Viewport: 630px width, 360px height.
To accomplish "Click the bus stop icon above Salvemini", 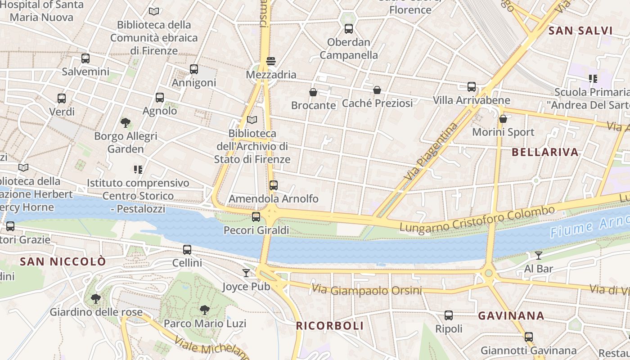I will [85, 58].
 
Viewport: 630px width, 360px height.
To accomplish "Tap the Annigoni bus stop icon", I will [194, 69].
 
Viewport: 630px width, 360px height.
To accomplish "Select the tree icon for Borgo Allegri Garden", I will [126, 122].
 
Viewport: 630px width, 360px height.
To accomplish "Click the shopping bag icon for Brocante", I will [313, 92].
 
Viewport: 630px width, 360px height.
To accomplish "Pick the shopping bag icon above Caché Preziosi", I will [377, 90].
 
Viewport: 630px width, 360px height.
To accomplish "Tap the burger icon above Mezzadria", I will [271, 61].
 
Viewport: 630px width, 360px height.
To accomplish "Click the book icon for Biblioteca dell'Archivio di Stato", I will [252, 120].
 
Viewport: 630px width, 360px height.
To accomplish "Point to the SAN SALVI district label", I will [581, 31].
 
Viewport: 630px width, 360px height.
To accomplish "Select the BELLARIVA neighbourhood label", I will [544, 152].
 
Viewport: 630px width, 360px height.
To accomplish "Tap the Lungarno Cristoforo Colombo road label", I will [477, 220].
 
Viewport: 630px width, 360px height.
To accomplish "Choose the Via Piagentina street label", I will [431, 151].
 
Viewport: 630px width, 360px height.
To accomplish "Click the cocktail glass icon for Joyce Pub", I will [246, 273].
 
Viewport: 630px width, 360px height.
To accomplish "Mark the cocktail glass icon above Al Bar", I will [538, 256].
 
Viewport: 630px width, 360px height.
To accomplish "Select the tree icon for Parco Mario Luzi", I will [205, 310].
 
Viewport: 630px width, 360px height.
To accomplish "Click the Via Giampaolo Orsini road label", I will [367, 290].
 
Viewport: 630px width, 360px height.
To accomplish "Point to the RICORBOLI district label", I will [329, 326].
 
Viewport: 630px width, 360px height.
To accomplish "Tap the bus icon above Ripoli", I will [449, 315].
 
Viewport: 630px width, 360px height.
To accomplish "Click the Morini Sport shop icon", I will [503, 119].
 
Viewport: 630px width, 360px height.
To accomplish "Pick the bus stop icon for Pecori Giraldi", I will [256, 217].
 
